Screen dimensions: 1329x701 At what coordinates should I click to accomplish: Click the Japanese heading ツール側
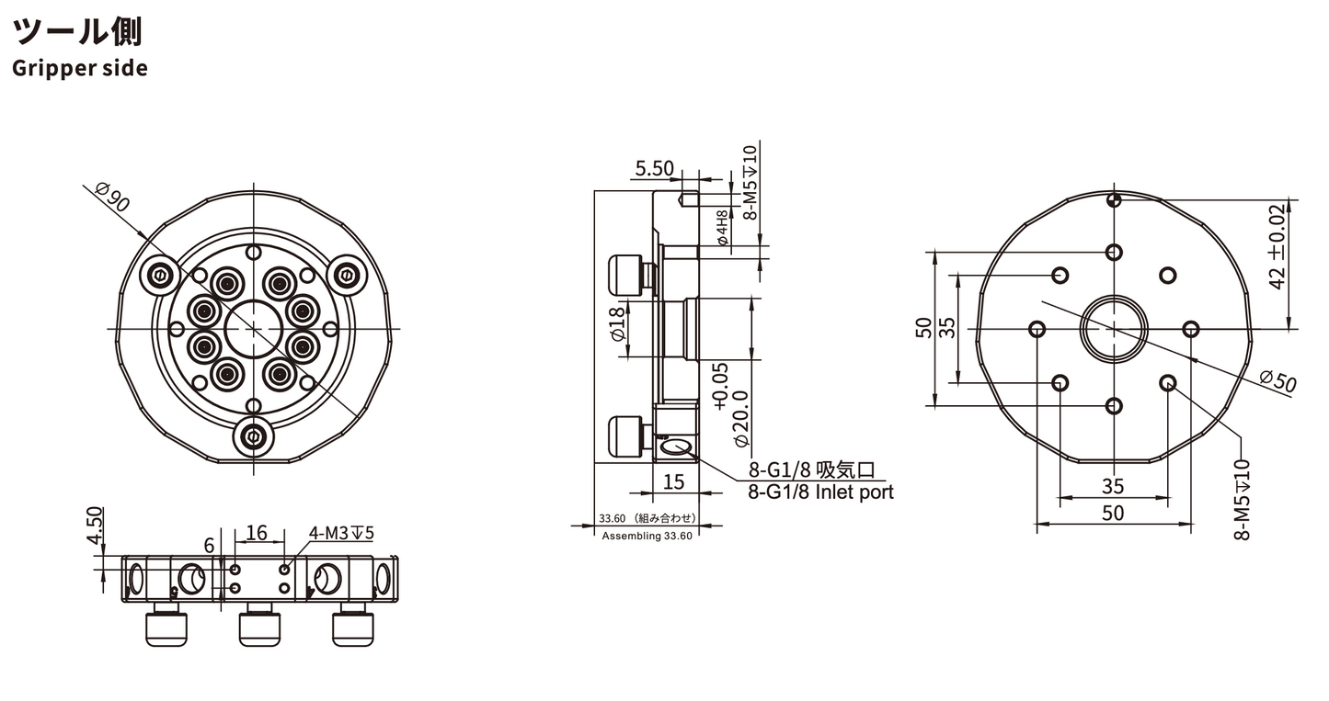pyautogui.click(x=77, y=31)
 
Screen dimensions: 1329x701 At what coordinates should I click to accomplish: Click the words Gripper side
pyautogui.click(x=79, y=68)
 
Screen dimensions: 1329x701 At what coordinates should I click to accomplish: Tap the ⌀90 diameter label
pyautogui.click(x=112, y=197)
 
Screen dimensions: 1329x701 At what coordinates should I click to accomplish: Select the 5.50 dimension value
pyautogui.click(x=655, y=168)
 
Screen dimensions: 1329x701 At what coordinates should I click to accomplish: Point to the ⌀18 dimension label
pyautogui.click(x=618, y=323)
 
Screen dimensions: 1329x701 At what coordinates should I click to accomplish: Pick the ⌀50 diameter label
pyautogui.click(x=1277, y=381)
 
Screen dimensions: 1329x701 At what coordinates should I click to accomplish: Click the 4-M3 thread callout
pyautogui.click(x=341, y=533)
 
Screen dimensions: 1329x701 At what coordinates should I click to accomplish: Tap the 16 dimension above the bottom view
pyautogui.click(x=257, y=533)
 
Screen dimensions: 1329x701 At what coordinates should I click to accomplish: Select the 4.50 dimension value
pyautogui.click(x=95, y=525)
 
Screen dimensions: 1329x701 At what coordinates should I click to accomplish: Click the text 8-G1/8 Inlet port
pyautogui.click(x=820, y=492)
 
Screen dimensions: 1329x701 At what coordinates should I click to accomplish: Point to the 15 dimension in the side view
pyautogui.click(x=673, y=481)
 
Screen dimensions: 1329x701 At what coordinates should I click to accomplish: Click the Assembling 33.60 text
pyautogui.click(x=647, y=536)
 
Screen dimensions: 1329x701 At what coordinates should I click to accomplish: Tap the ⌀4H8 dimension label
pyautogui.click(x=722, y=228)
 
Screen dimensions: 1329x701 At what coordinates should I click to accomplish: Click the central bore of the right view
pyautogui.click(x=1114, y=328)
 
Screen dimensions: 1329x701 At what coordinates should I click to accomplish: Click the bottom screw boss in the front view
pyautogui.click(x=254, y=437)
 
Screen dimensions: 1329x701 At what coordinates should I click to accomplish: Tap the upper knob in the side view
pyautogui.click(x=626, y=274)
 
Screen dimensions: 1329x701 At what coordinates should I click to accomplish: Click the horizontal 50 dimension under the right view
pyautogui.click(x=1113, y=513)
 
